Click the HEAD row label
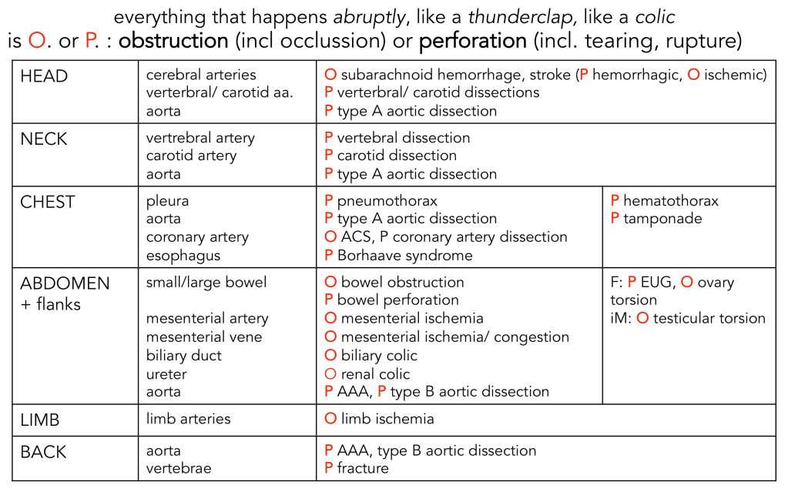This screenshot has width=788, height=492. (44, 76)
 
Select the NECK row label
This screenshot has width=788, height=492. (44, 139)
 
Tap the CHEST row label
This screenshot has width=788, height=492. (48, 202)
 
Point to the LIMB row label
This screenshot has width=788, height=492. (40, 420)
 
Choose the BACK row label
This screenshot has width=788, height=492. (44, 451)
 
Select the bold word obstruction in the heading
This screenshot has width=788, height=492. (173, 41)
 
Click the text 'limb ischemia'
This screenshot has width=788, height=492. (387, 419)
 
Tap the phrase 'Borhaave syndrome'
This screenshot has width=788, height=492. (404, 256)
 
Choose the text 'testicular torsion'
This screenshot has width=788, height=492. (709, 318)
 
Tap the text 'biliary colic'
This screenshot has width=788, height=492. (379, 356)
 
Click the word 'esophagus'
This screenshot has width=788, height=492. (183, 256)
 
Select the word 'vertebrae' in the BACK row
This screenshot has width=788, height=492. (179, 468)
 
